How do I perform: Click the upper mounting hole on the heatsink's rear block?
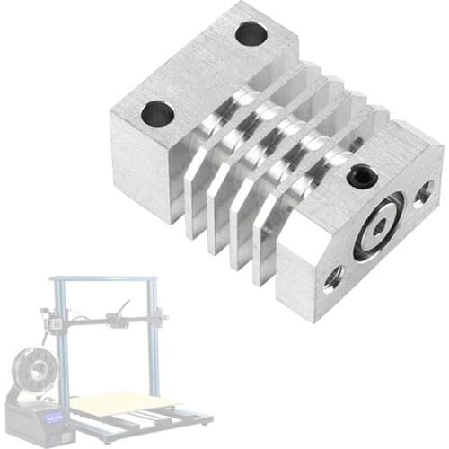tap(251, 35)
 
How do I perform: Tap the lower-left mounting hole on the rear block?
tap(158, 113)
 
